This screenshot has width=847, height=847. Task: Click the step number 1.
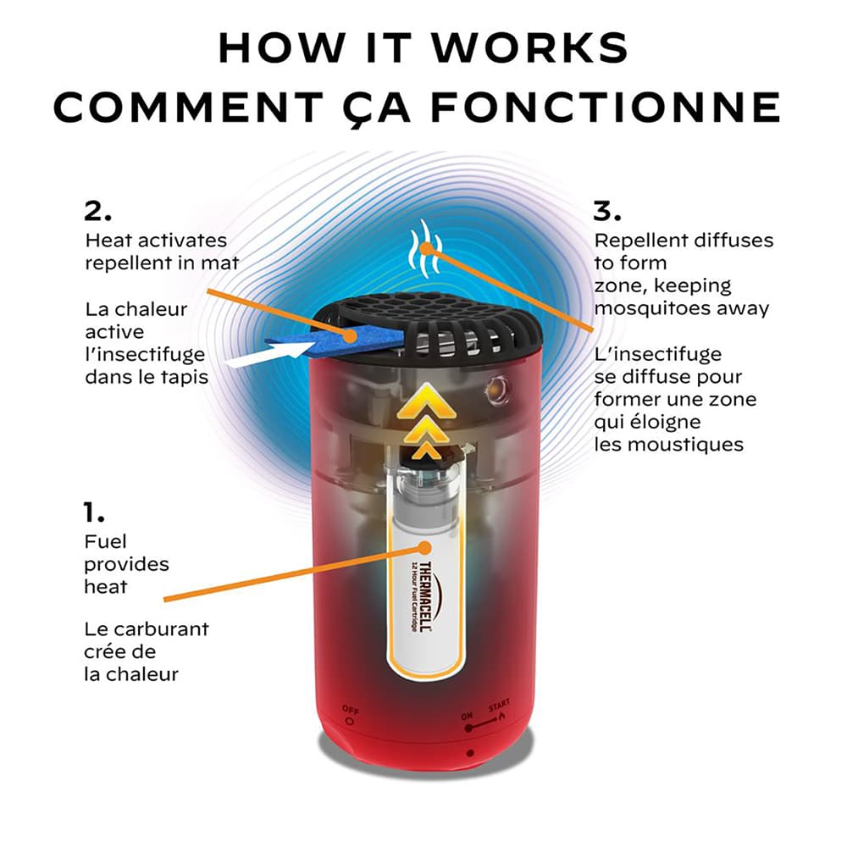94,512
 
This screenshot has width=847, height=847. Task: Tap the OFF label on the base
350,708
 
